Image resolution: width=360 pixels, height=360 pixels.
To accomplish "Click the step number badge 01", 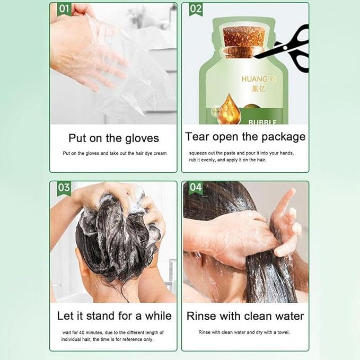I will coord(64,9).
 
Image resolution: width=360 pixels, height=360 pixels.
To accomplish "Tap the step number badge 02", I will coord(196,9).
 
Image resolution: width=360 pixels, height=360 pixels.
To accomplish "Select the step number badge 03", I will coord(64,188).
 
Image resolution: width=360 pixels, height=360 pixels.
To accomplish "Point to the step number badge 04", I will coord(196,188).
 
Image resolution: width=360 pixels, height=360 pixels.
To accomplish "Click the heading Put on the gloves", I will coord(113,138).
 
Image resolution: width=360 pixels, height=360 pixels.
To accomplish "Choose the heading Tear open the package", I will coord(245,137).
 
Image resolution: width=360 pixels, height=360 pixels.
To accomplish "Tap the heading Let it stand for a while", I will coord(114,316).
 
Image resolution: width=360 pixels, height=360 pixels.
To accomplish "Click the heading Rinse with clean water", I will coord(245,316).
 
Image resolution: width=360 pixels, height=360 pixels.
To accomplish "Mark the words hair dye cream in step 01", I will coord(150,153).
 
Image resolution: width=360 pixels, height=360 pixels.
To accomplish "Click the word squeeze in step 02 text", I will coord(198,153).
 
